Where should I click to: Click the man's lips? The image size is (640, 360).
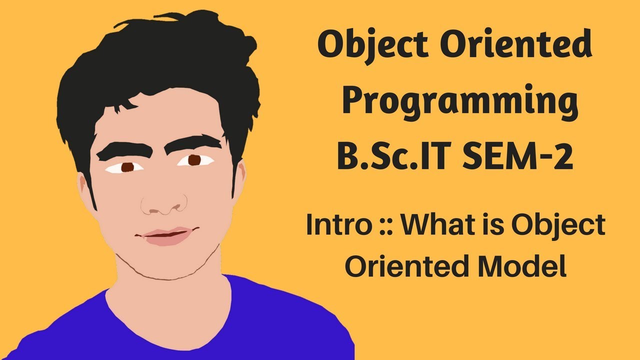pos(167,235)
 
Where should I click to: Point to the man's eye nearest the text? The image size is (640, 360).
pos(195,160)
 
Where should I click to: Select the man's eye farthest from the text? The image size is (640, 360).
pos(127,166)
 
